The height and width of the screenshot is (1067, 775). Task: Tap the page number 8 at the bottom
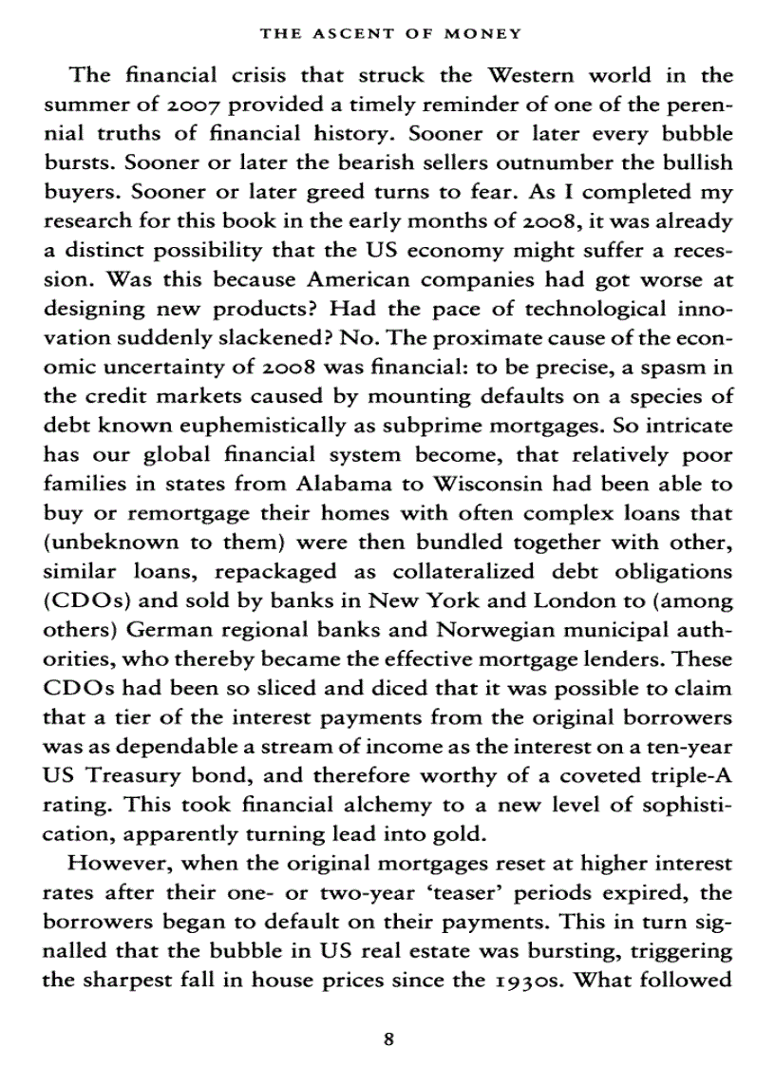click(387, 1038)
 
